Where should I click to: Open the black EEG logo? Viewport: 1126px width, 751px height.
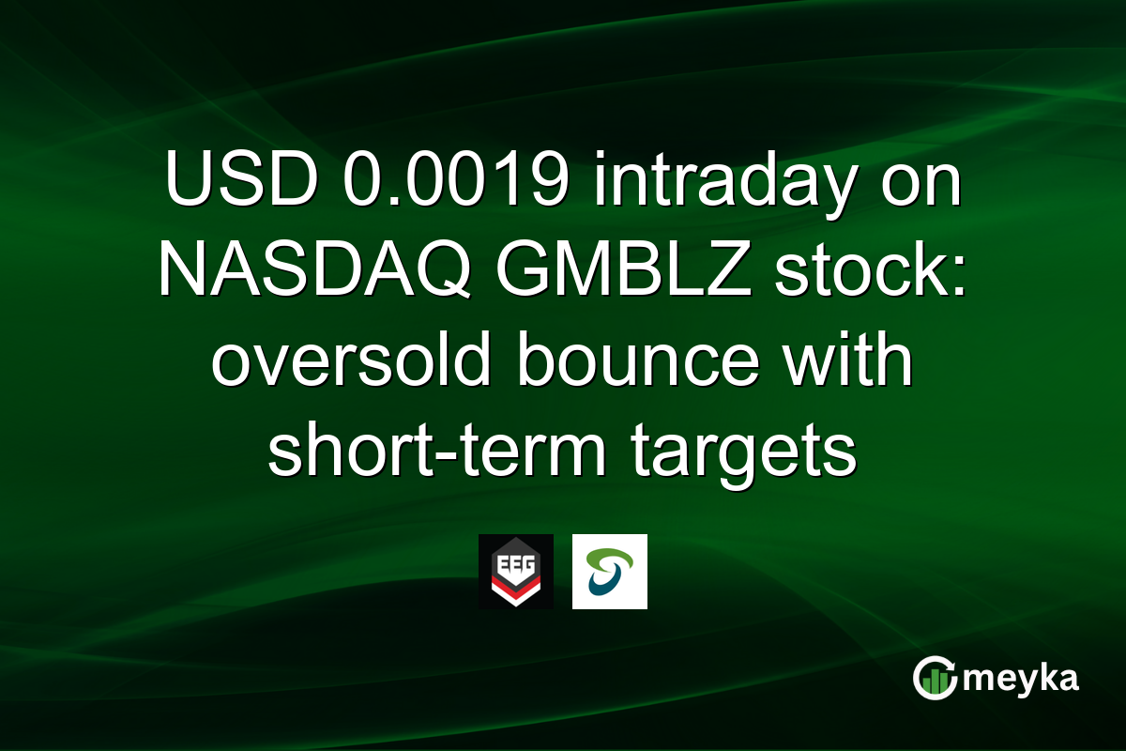coord(515,572)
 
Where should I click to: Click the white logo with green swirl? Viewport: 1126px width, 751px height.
coord(609,572)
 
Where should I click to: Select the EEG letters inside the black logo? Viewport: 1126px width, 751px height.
coord(515,559)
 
